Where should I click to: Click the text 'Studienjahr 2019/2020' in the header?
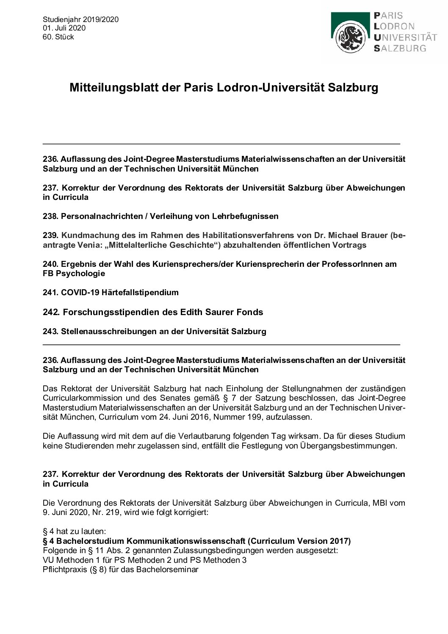pos(80,19)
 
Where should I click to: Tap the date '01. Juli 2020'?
pos(64,28)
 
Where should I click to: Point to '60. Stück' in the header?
pos(58,37)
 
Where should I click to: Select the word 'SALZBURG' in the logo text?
pos(400,48)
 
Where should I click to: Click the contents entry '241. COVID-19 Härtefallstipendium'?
pos(111,293)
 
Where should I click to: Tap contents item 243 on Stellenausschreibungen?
pos(155,331)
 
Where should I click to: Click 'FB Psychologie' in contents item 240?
pos(74,274)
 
